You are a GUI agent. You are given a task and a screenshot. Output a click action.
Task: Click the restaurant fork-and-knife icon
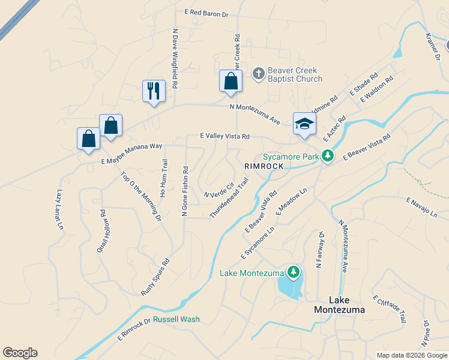154,91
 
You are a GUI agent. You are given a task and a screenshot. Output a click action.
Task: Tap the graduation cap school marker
304,124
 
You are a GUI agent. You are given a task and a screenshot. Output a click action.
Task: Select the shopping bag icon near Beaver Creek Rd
231,80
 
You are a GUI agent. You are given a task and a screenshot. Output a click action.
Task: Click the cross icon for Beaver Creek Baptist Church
258,74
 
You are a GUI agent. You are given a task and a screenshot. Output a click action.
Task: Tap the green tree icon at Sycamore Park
327,156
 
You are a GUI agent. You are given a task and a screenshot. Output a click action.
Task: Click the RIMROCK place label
264,165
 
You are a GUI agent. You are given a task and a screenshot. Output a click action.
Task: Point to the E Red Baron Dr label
207,12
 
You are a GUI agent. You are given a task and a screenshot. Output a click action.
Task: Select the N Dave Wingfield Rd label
175,59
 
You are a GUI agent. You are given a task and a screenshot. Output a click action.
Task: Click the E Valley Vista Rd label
224,137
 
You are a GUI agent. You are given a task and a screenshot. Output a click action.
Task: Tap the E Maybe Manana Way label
132,154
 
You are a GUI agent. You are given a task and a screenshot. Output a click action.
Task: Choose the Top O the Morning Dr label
141,196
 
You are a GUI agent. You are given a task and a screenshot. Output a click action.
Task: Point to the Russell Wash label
176,319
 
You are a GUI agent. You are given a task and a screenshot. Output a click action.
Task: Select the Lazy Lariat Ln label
59,209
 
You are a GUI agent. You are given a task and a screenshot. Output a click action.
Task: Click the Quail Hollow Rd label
102,230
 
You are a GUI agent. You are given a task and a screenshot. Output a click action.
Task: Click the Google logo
20,353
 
